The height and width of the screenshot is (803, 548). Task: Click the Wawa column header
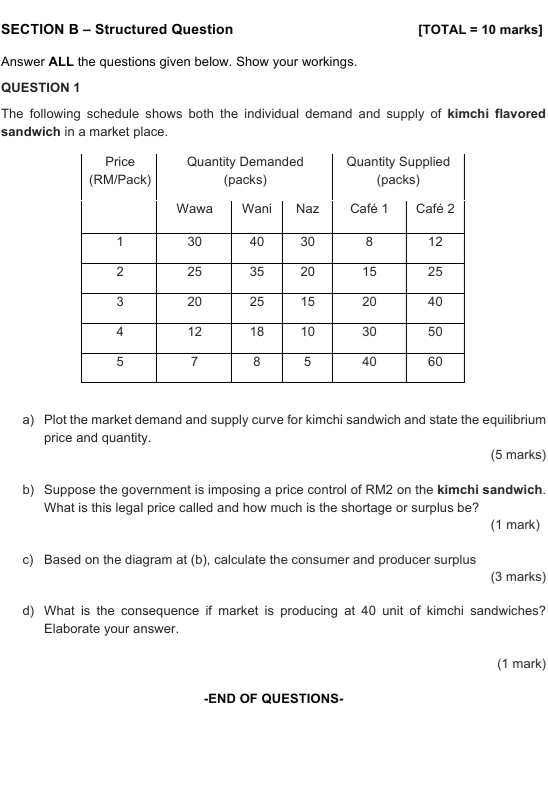[194, 209]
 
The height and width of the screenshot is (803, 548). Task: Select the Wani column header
[257, 209]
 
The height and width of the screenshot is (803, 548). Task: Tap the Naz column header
[308, 209]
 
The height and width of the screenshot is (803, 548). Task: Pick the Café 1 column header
[369, 209]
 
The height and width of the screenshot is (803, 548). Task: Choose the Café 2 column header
[435, 209]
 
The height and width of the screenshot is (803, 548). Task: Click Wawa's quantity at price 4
[194, 331]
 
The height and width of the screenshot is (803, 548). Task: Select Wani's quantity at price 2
[257, 271]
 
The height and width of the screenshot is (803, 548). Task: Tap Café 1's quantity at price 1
[369, 241]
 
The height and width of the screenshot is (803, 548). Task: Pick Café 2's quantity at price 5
[435, 362]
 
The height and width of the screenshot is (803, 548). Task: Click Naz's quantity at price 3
[308, 301]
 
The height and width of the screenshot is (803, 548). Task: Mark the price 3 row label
[119, 301]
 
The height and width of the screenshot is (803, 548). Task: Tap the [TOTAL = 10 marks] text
[481, 29]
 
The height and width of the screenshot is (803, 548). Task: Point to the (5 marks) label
[518, 455]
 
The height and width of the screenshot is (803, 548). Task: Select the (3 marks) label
[518, 577]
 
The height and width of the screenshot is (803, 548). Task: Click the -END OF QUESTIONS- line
[273, 698]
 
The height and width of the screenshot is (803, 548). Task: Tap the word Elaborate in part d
[75, 629]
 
